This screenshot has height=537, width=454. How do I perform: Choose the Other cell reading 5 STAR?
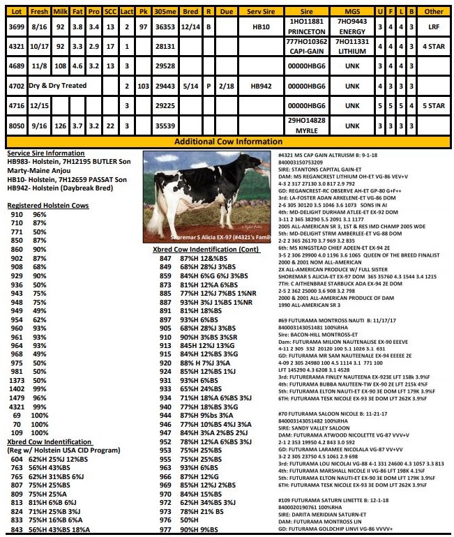[x=434, y=106]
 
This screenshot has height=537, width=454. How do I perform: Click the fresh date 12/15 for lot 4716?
[x=39, y=106]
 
